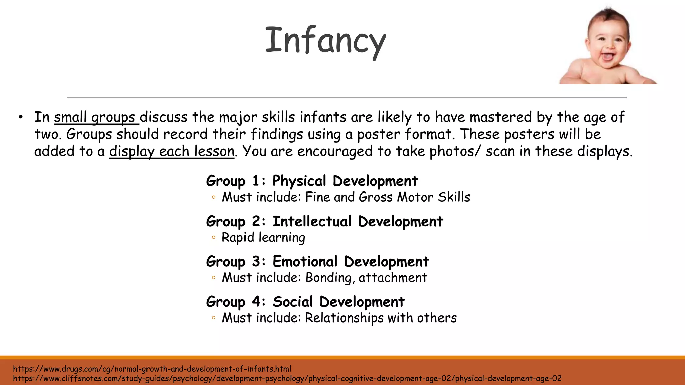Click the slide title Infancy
(x=325, y=41)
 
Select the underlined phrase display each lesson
(x=172, y=151)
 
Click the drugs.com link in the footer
(x=152, y=369)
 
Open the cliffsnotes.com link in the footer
(x=287, y=379)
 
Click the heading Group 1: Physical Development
(x=312, y=181)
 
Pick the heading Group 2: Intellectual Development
(x=324, y=221)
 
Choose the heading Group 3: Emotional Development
(x=317, y=262)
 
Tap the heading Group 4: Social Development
(x=305, y=302)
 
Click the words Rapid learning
(x=263, y=238)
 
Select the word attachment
(x=393, y=278)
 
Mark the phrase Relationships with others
(x=381, y=318)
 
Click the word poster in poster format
(x=379, y=134)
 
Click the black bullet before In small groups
(x=21, y=117)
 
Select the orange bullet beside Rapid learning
(x=213, y=238)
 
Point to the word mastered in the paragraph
(x=500, y=117)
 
